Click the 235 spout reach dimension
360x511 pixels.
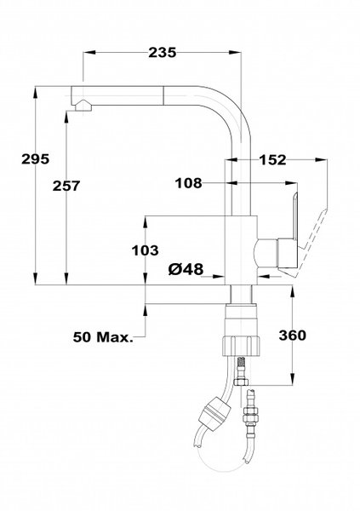[x=163, y=53]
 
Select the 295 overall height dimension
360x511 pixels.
[x=35, y=159]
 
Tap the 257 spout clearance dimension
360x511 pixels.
[x=66, y=186]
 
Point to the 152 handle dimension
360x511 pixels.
[x=273, y=160]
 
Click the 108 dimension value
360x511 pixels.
[x=189, y=183]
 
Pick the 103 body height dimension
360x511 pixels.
[x=145, y=250]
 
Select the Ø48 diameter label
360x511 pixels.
[x=186, y=269]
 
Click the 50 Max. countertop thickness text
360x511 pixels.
[x=103, y=337]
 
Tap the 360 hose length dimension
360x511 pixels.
[x=292, y=335]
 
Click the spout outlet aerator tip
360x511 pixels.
[x=83, y=106]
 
